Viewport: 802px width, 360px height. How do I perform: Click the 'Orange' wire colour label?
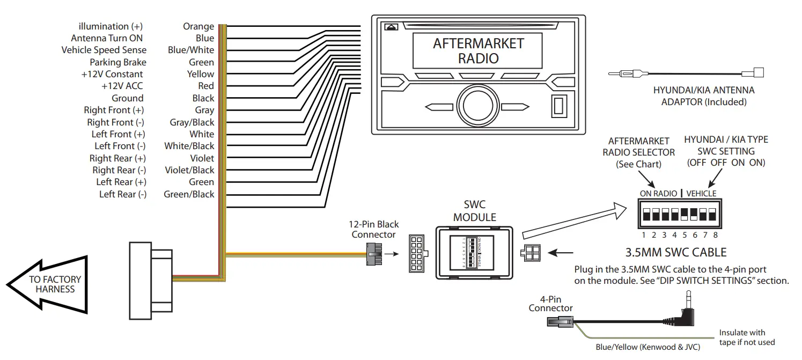click(x=198, y=26)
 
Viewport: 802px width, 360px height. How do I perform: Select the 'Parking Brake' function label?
click(x=117, y=62)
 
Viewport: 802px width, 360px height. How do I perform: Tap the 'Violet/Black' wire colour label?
click(x=189, y=170)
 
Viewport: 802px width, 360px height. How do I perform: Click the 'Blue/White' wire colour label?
click(x=190, y=50)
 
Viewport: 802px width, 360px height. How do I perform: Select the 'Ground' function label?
click(x=127, y=98)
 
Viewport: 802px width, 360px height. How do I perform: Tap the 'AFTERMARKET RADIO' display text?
click(x=478, y=50)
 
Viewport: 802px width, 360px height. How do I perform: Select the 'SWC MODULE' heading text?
click(x=474, y=211)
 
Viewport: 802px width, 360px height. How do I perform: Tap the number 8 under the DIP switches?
click(x=715, y=234)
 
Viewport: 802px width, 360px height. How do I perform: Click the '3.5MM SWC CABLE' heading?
click(x=676, y=252)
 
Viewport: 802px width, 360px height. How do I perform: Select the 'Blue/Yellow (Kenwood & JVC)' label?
click(x=648, y=347)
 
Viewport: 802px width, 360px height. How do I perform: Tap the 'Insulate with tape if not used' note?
click(x=747, y=337)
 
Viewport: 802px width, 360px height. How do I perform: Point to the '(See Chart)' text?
click(x=638, y=164)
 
